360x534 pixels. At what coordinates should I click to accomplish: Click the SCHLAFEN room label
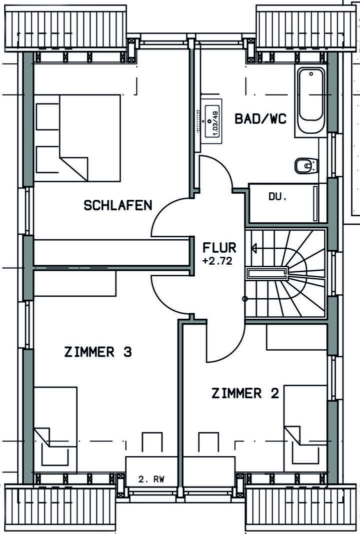[118, 205]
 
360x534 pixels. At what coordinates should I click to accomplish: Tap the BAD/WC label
[260, 119]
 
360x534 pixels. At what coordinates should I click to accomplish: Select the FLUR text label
[219, 248]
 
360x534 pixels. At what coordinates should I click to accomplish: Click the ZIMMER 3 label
[98, 352]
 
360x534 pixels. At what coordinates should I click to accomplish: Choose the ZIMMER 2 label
[245, 394]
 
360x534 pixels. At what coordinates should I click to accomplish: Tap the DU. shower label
[277, 197]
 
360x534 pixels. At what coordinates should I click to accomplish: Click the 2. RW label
[151, 480]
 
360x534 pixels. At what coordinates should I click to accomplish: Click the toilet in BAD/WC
[305, 165]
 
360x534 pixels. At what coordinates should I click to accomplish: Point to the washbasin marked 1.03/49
[210, 121]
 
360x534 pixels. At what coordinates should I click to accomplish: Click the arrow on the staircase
[255, 248]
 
